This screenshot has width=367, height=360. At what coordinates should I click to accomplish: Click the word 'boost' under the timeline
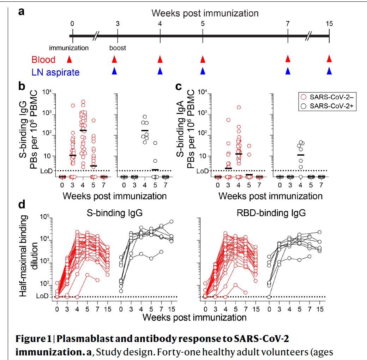click(x=118, y=48)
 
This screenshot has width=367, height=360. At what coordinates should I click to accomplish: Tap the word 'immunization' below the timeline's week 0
click(x=69, y=48)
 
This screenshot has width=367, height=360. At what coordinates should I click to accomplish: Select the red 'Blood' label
click(x=43, y=60)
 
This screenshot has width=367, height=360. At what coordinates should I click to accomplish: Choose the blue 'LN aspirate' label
click(x=55, y=72)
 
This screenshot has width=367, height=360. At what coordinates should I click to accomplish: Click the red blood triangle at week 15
click(x=329, y=59)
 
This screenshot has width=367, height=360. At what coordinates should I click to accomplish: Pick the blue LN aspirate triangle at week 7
click(x=288, y=71)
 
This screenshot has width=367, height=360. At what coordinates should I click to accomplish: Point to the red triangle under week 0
click(x=70, y=59)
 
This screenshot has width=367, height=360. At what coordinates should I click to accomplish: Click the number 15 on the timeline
click(x=329, y=24)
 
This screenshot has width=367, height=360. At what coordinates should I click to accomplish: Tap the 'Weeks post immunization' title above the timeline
click(x=205, y=13)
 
